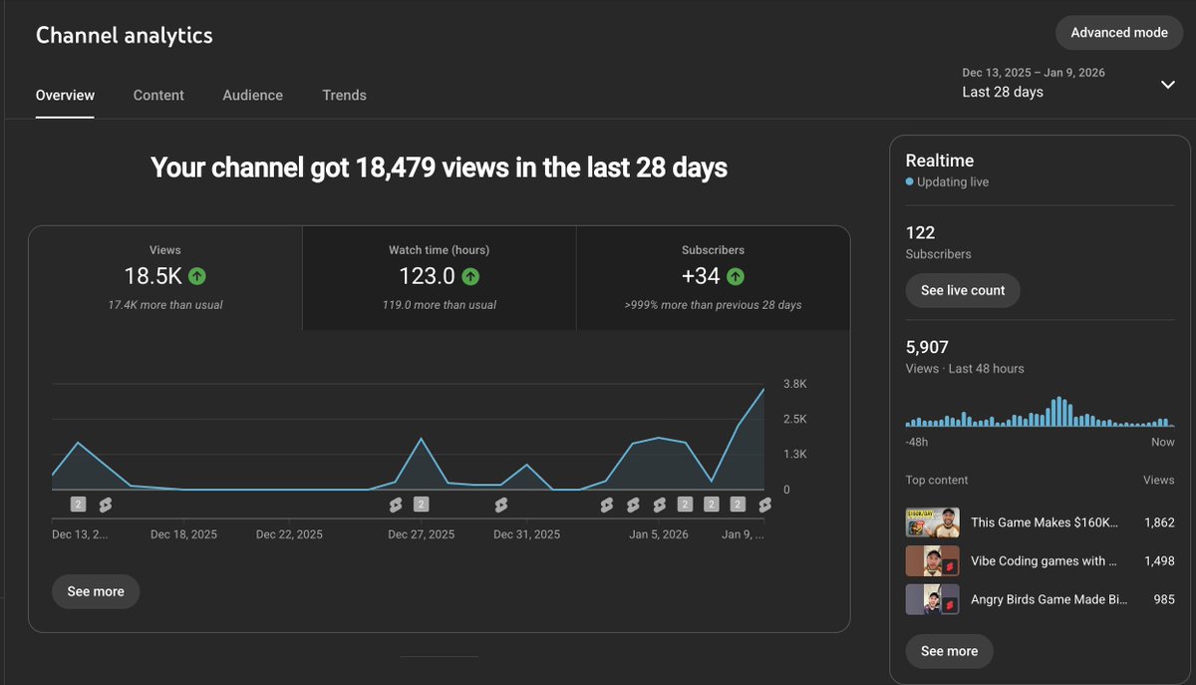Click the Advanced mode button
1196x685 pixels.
pyautogui.click(x=1118, y=33)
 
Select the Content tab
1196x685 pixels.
pyautogui.click(x=158, y=96)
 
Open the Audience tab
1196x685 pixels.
pyautogui.click(x=252, y=96)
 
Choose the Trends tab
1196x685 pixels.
pyautogui.click(x=344, y=96)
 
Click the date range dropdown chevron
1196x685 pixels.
pyautogui.click(x=1168, y=85)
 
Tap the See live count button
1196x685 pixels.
pyautogui.click(x=962, y=290)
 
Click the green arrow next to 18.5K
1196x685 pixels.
pyautogui.click(x=196, y=276)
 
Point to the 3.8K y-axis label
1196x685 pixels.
pyautogui.click(x=794, y=384)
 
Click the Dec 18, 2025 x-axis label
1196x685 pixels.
pyautogui.click(x=183, y=534)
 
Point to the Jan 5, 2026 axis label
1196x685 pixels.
pyautogui.click(x=658, y=534)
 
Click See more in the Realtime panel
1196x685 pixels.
pyautogui.click(x=949, y=651)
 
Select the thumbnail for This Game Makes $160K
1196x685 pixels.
pyautogui.click(x=932, y=522)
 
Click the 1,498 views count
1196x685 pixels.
pyautogui.click(x=1158, y=561)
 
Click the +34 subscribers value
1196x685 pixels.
pyautogui.click(x=701, y=276)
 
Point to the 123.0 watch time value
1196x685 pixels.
pyautogui.click(x=427, y=276)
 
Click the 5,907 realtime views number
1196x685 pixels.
pyautogui.click(x=927, y=347)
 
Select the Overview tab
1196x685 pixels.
pyautogui.click(x=65, y=96)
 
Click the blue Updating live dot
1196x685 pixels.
pyautogui.click(x=909, y=182)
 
